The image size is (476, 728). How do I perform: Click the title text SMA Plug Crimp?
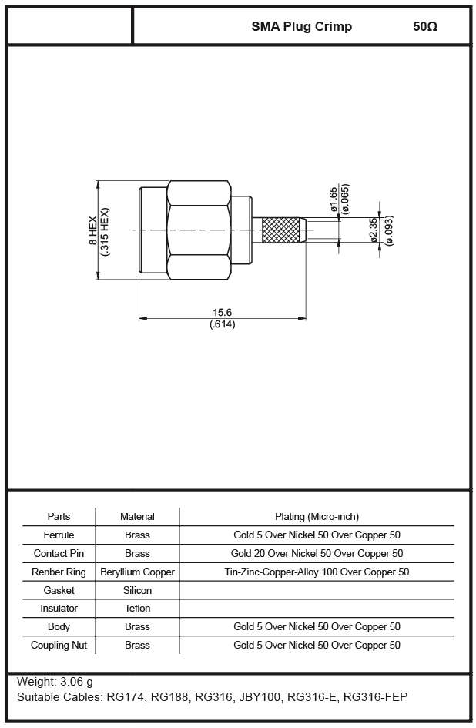pyautogui.click(x=302, y=27)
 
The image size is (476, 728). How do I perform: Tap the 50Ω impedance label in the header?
pyautogui.click(x=425, y=26)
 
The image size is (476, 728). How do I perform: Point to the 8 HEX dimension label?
pyautogui.click(x=93, y=231)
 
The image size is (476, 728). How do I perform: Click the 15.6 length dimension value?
pyautogui.click(x=222, y=313)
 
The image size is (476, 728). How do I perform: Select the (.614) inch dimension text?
pyautogui.click(x=222, y=324)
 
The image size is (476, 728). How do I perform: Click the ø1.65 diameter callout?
pyautogui.click(x=334, y=200)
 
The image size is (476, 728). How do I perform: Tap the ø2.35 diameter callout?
pyautogui.click(x=374, y=230)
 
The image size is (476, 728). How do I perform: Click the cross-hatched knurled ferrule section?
pyautogui.click(x=281, y=230)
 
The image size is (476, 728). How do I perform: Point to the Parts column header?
pyautogui.click(x=59, y=517)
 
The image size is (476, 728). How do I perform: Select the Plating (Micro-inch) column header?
pyautogui.click(x=317, y=517)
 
